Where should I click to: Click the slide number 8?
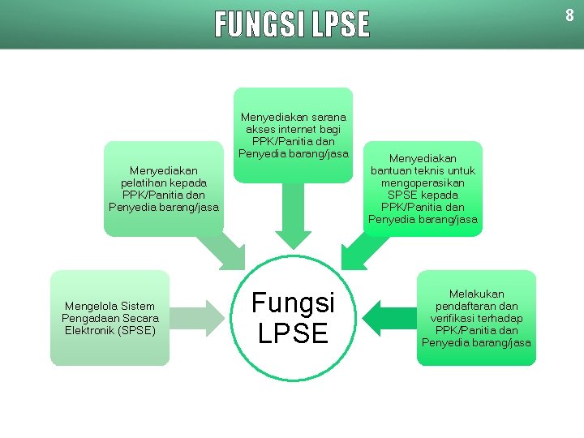pyautogui.click(x=569, y=15)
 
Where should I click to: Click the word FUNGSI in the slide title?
pyautogui.click(x=258, y=25)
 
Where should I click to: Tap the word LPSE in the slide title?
pyautogui.click(x=339, y=25)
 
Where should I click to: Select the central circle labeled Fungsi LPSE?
pyautogui.click(x=293, y=317)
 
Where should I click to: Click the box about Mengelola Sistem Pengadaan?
pyautogui.click(x=109, y=318)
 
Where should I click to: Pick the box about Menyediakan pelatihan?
pyautogui.click(x=163, y=188)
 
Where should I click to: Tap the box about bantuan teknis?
pyautogui.click(x=423, y=188)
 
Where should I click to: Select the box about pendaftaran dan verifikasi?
pyautogui.click(x=476, y=318)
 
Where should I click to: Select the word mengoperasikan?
pyautogui.click(x=423, y=182)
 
